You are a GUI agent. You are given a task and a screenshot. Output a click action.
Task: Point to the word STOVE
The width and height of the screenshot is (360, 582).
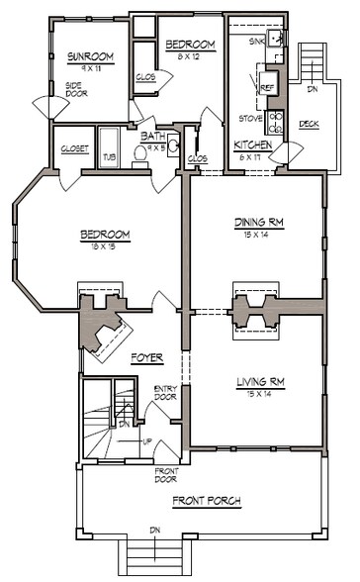pyautogui.click(x=250, y=118)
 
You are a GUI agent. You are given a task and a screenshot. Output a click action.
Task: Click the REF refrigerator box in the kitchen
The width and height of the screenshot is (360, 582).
pyautogui.click(x=267, y=87)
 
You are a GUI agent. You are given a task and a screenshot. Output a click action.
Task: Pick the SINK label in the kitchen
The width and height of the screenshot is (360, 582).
pyautogui.click(x=257, y=42)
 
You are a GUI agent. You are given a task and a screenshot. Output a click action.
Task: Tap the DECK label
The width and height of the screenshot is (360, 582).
pyautogui.click(x=308, y=124)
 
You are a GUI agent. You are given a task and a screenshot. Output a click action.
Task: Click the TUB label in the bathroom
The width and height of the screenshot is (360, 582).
pyautogui.click(x=109, y=155)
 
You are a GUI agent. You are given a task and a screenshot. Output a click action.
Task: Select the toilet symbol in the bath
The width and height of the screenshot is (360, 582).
pyautogui.click(x=172, y=149)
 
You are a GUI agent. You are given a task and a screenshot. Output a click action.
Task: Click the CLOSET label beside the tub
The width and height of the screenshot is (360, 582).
pyautogui.click(x=74, y=148)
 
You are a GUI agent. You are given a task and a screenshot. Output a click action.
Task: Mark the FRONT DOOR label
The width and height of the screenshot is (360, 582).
pyautogui.click(x=165, y=475)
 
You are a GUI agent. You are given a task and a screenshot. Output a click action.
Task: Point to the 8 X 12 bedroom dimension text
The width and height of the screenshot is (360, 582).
pyautogui.click(x=190, y=56)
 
